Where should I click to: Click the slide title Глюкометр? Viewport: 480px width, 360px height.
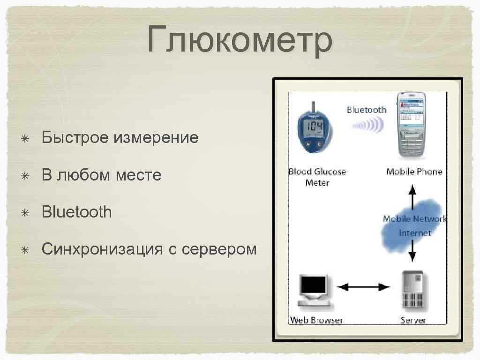(x=240, y=40)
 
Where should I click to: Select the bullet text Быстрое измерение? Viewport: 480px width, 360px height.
(x=120, y=138)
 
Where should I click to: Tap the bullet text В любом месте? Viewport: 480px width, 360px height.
(x=101, y=175)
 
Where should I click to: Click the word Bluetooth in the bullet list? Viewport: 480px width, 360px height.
(x=77, y=212)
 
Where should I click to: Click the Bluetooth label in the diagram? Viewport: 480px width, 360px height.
(x=367, y=110)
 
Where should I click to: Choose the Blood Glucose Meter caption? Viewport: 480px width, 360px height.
(x=317, y=177)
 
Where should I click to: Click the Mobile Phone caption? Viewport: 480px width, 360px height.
(x=414, y=172)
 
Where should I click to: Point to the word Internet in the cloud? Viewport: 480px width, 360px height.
(x=415, y=232)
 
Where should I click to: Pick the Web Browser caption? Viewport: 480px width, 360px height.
(x=316, y=321)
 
